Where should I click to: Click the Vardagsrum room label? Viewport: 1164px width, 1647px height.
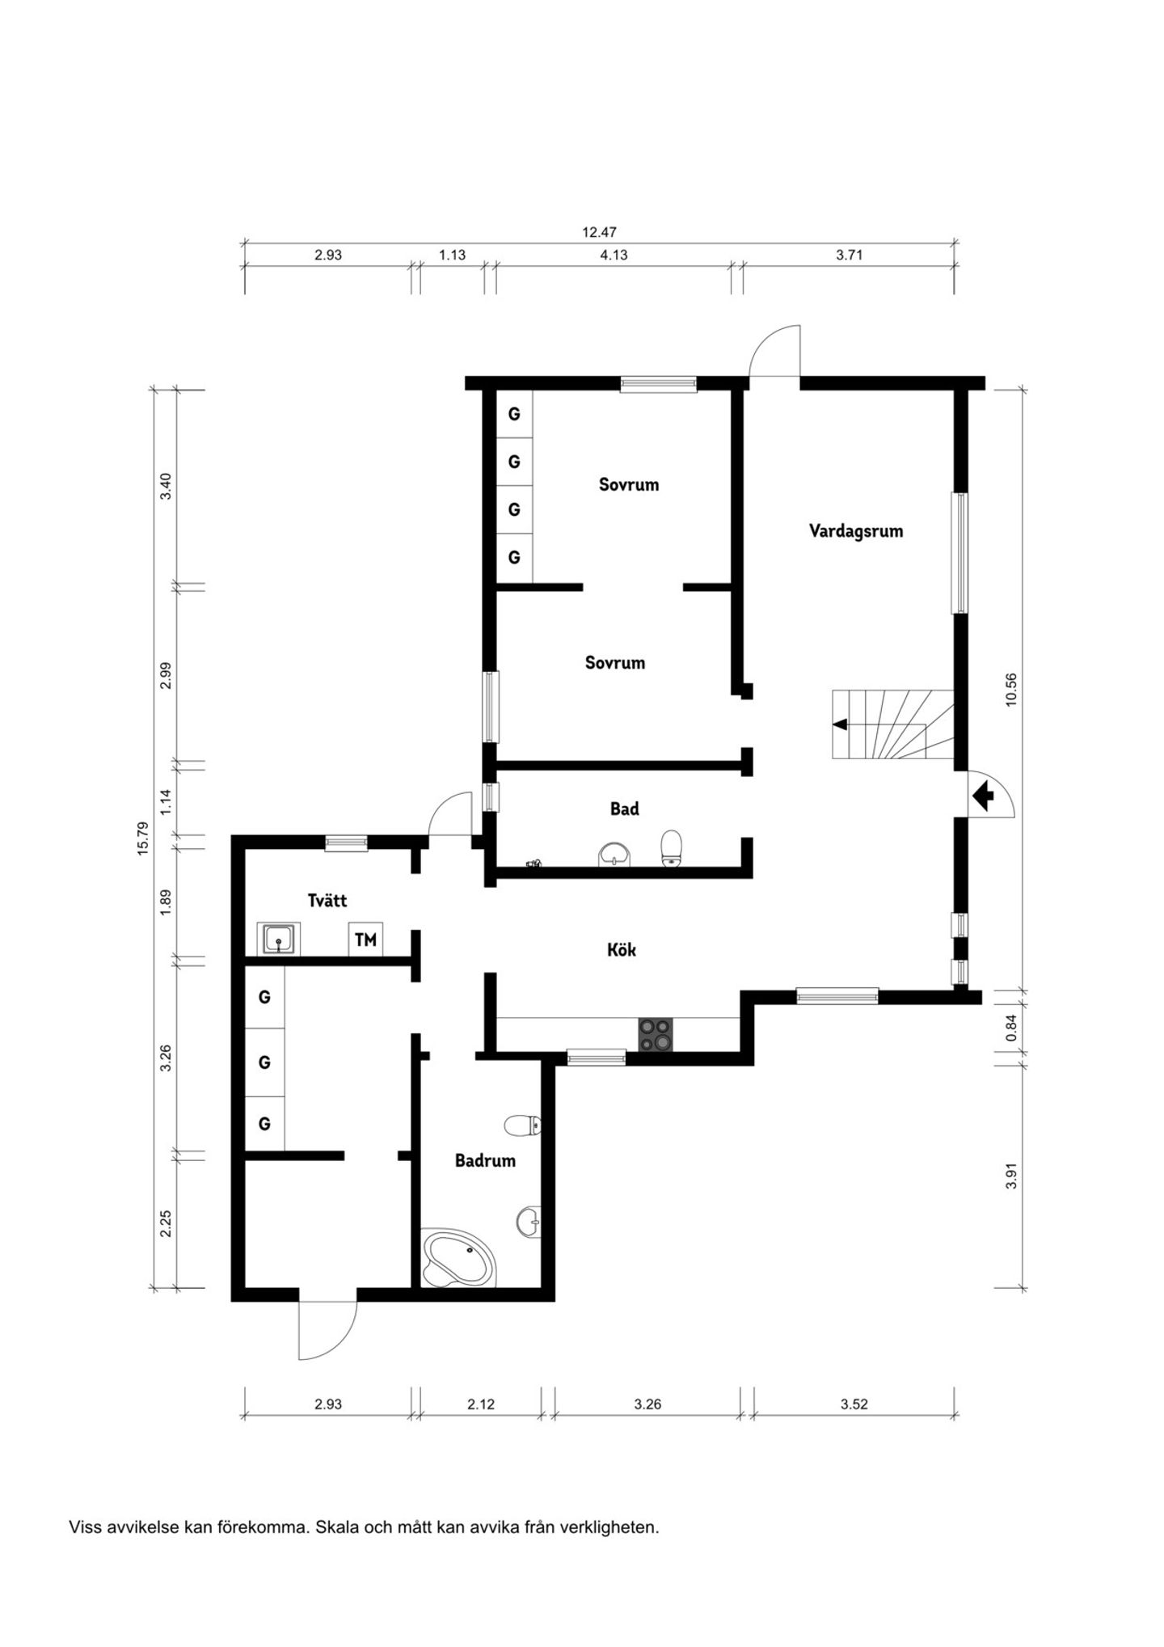856,531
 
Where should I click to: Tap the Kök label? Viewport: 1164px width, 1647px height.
622,949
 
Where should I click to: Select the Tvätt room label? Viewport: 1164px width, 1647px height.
327,900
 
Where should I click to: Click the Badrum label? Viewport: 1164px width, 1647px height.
485,1161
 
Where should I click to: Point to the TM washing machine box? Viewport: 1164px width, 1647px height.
365,940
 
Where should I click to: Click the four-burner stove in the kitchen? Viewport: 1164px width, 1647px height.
656,1035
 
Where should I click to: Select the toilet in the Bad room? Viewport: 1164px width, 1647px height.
672,848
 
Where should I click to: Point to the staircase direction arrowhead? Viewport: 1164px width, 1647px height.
840,724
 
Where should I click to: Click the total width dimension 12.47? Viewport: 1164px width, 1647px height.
599,232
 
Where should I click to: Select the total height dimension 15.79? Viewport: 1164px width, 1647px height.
143,838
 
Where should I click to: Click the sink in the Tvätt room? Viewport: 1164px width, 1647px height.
280,939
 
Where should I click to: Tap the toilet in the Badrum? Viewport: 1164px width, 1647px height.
523,1125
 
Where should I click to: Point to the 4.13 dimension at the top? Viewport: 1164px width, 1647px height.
614,255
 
